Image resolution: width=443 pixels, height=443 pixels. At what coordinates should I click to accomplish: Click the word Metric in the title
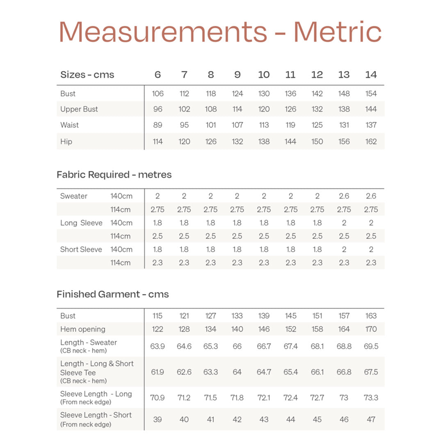[338, 32]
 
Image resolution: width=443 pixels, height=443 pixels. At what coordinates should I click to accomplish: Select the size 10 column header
[264, 75]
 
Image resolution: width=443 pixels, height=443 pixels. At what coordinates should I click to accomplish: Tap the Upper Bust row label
[79, 109]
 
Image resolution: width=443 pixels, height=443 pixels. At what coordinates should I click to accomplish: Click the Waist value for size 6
[158, 125]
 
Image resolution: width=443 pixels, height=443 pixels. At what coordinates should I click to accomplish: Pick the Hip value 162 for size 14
[371, 142]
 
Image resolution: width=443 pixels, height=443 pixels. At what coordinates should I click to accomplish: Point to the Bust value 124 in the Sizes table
[237, 94]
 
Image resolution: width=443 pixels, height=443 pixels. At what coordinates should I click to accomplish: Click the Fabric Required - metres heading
[114, 175]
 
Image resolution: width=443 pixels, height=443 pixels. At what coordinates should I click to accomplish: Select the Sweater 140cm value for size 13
[344, 196]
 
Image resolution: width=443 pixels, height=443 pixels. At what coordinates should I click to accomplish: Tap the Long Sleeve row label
[81, 223]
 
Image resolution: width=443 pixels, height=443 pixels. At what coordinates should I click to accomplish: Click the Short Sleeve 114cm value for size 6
[158, 263]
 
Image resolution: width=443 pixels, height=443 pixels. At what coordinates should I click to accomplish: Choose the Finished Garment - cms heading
[113, 294]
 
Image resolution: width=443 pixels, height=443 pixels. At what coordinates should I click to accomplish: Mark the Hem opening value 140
[237, 329]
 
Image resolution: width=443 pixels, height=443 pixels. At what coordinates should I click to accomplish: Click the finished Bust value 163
[371, 316]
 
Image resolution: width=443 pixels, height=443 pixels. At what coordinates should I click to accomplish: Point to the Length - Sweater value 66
[237, 346]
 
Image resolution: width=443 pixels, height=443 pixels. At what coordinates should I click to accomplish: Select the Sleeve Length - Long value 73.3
[371, 398]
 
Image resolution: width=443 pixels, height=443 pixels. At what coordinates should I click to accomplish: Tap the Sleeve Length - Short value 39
[158, 419]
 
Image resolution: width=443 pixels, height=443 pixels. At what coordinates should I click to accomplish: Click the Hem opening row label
[83, 329]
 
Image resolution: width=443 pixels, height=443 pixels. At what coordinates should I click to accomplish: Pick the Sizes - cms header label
[87, 75]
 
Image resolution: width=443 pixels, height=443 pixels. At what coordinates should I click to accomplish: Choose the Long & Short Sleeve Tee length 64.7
[264, 372]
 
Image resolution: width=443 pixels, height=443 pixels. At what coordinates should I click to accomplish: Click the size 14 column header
[371, 75]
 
